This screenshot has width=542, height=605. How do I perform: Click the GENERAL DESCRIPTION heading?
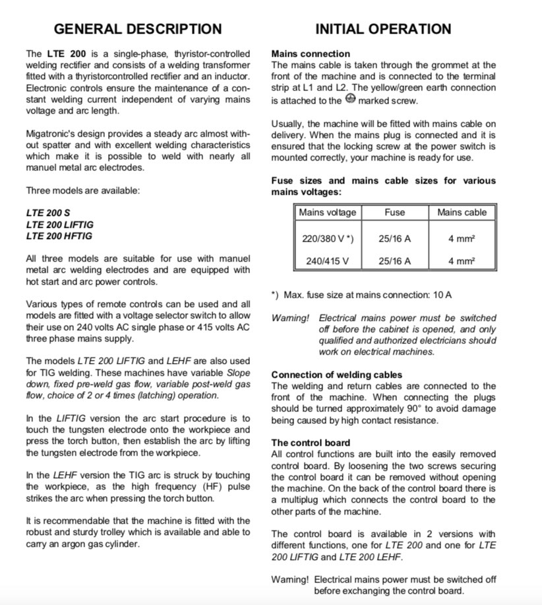[137, 29]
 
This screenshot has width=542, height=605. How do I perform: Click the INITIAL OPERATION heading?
[383, 29]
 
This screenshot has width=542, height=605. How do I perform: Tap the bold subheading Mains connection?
[311, 53]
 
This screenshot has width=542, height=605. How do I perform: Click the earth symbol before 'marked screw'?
[350, 99]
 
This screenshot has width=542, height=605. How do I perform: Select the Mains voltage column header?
[327, 213]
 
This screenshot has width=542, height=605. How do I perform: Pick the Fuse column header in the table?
[394, 213]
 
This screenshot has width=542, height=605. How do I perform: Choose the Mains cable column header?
[462, 213]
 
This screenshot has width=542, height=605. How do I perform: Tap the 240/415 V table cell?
[327, 261]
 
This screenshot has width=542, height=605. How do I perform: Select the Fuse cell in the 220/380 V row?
[394, 238]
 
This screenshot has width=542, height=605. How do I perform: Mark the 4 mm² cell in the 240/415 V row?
[462, 261]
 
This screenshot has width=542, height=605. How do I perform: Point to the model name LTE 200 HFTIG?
[59, 236]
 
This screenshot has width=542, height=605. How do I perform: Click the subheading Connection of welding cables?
[336, 374]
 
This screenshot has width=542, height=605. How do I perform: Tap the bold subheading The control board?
[311, 443]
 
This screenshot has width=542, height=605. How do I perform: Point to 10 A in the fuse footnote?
[440, 295]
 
